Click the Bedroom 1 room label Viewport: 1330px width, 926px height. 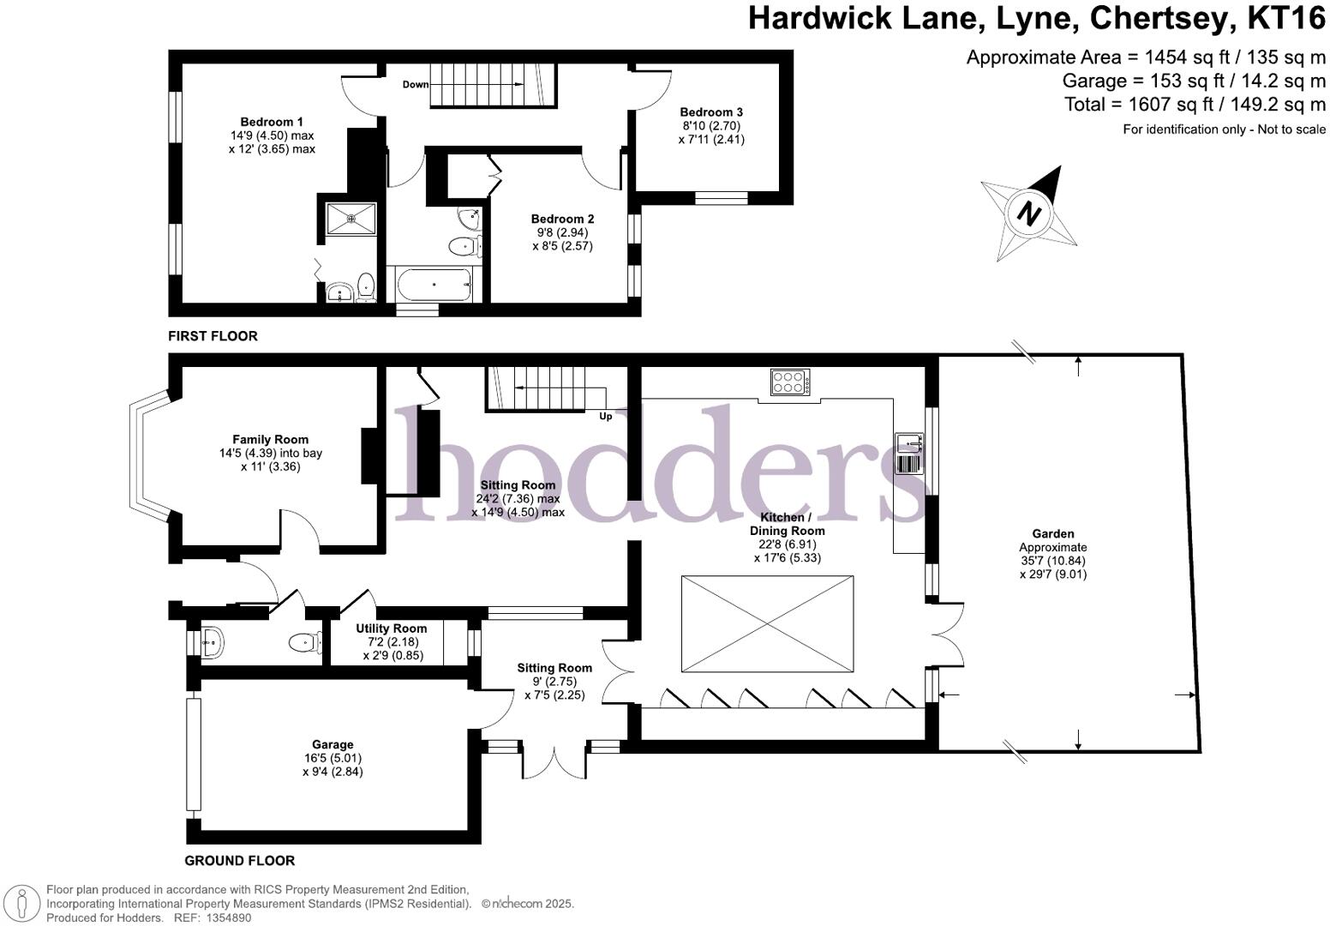click(271, 122)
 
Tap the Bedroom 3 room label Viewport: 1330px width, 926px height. click(711, 111)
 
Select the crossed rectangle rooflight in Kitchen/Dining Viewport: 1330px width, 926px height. click(767, 623)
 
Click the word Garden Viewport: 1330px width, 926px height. click(1052, 533)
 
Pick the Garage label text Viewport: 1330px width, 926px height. click(332, 744)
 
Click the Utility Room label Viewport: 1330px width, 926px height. click(391, 628)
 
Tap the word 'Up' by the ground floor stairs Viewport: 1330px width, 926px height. click(605, 417)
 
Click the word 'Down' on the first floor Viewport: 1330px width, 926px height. click(416, 84)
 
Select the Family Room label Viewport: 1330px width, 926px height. click(270, 439)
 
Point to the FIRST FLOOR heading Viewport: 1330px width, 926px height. click(213, 336)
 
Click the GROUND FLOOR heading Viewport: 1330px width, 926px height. click(240, 860)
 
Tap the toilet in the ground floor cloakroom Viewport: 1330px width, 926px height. click(301, 642)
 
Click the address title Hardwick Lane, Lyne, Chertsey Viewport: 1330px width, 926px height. click(1037, 18)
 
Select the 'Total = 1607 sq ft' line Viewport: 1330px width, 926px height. click(1195, 105)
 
